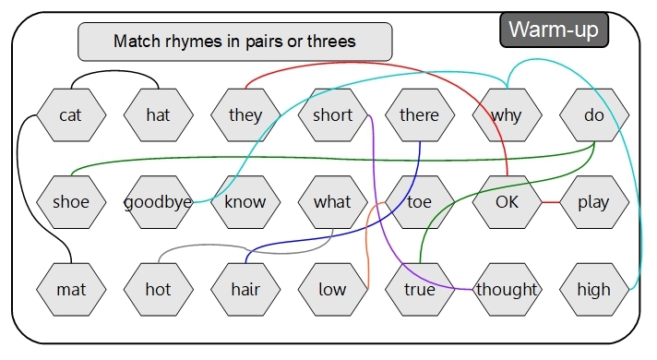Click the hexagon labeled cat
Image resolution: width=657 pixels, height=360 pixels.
pos(70,115)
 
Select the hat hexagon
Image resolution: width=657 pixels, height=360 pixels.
pos(158,115)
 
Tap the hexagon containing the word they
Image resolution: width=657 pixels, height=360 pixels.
pos(245,115)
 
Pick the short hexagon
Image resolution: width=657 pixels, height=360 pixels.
pos(332,115)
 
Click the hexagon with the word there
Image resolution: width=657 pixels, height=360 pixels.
pos(419,115)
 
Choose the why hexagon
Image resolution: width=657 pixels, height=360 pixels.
pos(506,115)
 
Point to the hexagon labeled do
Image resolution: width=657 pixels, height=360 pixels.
pos(593,115)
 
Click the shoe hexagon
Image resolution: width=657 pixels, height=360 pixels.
pos(70,202)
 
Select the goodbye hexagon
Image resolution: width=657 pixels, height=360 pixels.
pos(158,202)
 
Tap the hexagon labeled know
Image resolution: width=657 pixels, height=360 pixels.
pos(245,202)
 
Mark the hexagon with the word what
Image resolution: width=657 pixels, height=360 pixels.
pos(332,202)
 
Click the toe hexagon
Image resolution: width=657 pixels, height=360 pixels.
pos(419,202)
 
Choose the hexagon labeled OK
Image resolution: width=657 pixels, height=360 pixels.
pos(506,202)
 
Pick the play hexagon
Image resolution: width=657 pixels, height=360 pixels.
pos(593,202)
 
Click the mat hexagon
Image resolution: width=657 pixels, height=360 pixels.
pos(70,289)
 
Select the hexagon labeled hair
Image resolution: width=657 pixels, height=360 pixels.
pos(245,289)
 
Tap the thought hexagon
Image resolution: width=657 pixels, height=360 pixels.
pos(506,289)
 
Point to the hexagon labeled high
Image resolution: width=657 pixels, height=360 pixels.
pos(593,289)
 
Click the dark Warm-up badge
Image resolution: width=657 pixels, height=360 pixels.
pos(554,30)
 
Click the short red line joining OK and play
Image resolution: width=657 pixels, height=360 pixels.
pos(550,202)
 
